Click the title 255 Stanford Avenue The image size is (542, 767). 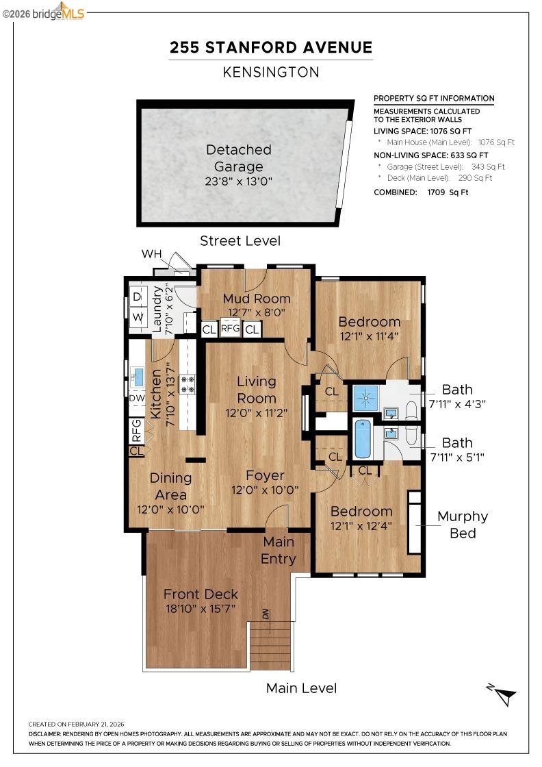(x=271, y=48)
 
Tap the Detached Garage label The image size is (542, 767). (x=239, y=158)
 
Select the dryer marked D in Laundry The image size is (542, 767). (x=137, y=297)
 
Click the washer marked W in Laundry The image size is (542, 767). (x=137, y=318)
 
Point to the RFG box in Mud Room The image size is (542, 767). (x=230, y=329)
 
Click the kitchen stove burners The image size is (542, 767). (x=188, y=384)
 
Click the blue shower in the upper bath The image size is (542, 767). (x=365, y=397)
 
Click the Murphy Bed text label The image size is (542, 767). (x=463, y=525)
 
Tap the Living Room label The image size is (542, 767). (x=257, y=390)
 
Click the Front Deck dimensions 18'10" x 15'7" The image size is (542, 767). (x=201, y=609)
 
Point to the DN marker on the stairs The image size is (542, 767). (x=266, y=614)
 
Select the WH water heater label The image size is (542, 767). (x=151, y=255)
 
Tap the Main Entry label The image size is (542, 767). (x=279, y=550)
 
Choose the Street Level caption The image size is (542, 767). (x=240, y=241)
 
